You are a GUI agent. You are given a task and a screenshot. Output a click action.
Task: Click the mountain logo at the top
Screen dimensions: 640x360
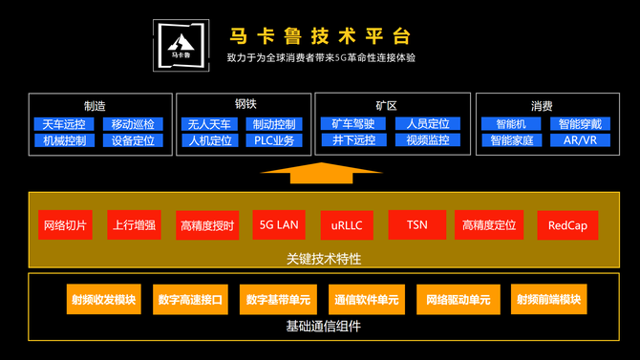coord(181,45)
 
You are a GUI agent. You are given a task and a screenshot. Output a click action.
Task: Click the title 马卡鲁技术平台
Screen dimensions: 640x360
coord(320,36)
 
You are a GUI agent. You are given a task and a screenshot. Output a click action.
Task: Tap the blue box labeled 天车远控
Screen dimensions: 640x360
coord(64,124)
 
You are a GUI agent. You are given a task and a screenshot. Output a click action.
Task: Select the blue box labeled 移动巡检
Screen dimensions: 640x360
coord(133,124)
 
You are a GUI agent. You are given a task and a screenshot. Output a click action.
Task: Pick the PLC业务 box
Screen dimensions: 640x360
coord(274,140)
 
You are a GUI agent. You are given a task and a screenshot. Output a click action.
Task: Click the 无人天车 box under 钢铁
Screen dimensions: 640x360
coord(209,124)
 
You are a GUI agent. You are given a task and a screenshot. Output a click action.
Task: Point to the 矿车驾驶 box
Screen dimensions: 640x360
coord(353,124)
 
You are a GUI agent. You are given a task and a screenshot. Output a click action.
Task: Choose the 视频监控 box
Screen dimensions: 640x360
coord(428,140)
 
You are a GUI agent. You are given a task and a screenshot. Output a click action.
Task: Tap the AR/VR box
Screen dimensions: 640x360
coord(580,140)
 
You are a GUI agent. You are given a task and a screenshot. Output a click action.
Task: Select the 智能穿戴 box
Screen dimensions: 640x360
coord(580,124)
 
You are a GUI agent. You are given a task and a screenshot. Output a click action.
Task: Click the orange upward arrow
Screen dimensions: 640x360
coord(321,173)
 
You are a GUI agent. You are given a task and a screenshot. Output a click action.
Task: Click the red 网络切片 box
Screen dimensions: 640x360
coord(65,225)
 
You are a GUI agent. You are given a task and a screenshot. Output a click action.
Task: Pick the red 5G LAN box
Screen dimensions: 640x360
coord(279,224)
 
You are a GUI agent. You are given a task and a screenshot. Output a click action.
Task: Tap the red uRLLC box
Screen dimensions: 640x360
coord(347,225)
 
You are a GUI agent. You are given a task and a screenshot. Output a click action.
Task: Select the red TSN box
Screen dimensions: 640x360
coord(417,225)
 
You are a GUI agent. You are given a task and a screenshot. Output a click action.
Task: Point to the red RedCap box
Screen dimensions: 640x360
coord(567,225)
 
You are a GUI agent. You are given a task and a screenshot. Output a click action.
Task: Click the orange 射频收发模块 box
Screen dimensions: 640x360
coord(104,299)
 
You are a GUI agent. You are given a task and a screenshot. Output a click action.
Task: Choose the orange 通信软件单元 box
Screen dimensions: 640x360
coord(367,300)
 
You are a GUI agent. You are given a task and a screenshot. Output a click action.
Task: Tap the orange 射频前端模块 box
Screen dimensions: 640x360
coord(549,299)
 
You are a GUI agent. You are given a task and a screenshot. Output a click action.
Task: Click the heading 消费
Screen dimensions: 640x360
coord(542,106)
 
